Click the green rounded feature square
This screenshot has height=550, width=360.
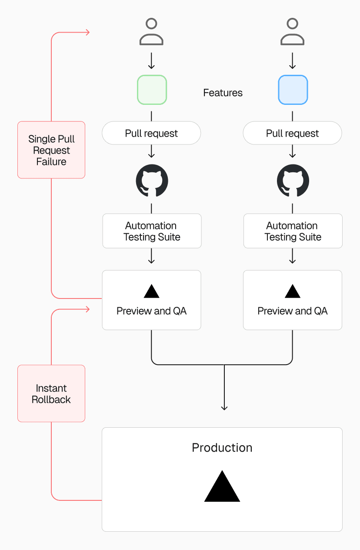pyautogui.click(x=152, y=90)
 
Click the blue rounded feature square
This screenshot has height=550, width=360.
pyautogui.click(x=293, y=90)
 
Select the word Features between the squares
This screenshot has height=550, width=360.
pyautogui.click(x=223, y=93)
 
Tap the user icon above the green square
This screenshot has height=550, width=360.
pyautogui.click(x=151, y=32)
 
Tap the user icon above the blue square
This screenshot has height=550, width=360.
pyautogui.click(x=292, y=32)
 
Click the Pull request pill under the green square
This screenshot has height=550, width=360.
pyautogui.click(x=151, y=133)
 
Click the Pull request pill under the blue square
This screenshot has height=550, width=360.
pyautogui.click(x=292, y=133)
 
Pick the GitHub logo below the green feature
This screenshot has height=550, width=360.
pyautogui.click(x=152, y=181)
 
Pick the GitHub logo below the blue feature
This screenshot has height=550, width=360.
pyautogui.click(x=293, y=181)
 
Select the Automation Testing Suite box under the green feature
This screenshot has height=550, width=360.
pyautogui.click(x=152, y=231)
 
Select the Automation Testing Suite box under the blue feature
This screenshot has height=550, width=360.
pyautogui.click(x=293, y=231)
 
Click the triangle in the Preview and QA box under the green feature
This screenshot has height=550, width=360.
pyautogui.click(x=151, y=292)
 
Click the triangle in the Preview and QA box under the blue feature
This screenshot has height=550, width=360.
pyautogui.click(x=292, y=292)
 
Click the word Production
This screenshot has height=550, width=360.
pyautogui.click(x=222, y=448)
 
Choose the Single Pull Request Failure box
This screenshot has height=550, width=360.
pyautogui.click(x=51, y=150)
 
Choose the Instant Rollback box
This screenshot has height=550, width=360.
pyautogui.click(x=51, y=393)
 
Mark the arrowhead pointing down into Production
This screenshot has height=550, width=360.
pyautogui.click(x=224, y=408)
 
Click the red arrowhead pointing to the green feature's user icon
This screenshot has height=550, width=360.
pyautogui.click(x=87, y=32)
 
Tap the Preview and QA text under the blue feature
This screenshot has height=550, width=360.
pyautogui.click(x=292, y=311)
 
